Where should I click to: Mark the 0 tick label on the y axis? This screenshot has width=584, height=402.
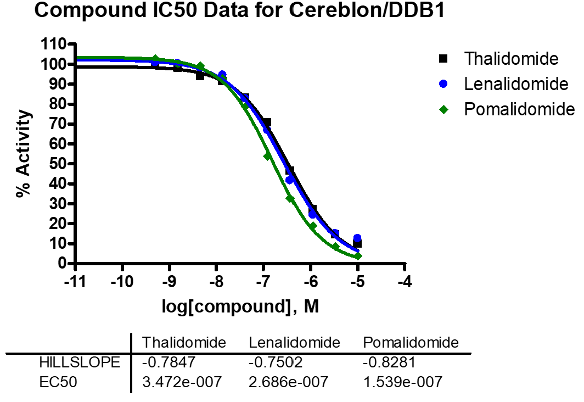point(60,264)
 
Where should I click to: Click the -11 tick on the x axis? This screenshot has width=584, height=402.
point(75,282)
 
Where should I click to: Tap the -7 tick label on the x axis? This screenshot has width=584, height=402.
point(263,282)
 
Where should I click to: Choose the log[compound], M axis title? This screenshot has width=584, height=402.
point(240,307)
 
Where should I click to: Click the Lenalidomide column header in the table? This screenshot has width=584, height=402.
point(294,343)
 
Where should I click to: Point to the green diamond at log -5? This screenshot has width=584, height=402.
point(358,256)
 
